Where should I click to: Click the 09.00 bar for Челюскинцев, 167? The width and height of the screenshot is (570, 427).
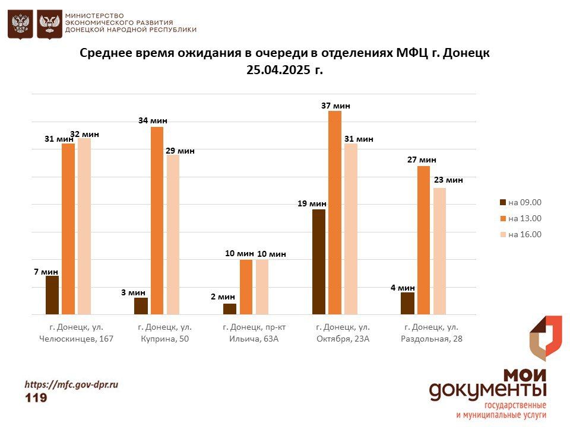(x=52, y=295)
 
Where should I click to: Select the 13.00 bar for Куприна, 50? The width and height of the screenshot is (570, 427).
(x=157, y=221)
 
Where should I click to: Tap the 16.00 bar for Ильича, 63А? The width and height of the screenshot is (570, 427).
(x=262, y=287)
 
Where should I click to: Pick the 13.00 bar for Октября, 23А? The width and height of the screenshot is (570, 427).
(x=335, y=212)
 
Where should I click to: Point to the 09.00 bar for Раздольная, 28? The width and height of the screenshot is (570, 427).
(x=407, y=303)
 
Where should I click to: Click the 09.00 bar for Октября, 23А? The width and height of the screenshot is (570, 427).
(x=319, y=262)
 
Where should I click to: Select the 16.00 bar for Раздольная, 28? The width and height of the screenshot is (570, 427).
(x=439, y=251)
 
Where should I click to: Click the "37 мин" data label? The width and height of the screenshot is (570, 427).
(x=335, y=106)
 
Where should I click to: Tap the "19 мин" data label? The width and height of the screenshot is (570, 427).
(x=312, y=203)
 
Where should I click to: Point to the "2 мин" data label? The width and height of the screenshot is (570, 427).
(x=223, y=297)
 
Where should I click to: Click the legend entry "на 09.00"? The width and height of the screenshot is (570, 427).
(x=521, y=202)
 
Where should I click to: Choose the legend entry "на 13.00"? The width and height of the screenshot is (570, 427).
(x=521, y=218)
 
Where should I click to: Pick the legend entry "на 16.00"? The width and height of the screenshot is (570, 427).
(x=521, y=234)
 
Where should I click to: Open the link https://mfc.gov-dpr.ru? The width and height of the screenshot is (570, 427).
(x=71, y=384)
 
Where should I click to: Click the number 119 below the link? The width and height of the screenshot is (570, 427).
(x=36, y=397)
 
